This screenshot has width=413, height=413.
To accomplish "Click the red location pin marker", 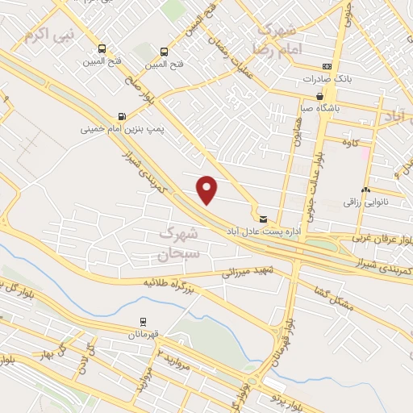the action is pos(207,190).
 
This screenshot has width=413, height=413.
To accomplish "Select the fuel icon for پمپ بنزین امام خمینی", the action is pos(122,115).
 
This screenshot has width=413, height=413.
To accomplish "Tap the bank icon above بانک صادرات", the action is pos(326,66).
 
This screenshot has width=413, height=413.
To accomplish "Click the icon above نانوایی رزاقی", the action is pos(365,190).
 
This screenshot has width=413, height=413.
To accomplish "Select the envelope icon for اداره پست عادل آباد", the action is pos(262,218).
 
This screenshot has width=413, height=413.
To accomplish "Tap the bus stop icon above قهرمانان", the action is pos(143,322).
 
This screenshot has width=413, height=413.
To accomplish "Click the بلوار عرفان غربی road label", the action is pos(382,240).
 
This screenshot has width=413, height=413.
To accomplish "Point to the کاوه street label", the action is pos(351,144).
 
